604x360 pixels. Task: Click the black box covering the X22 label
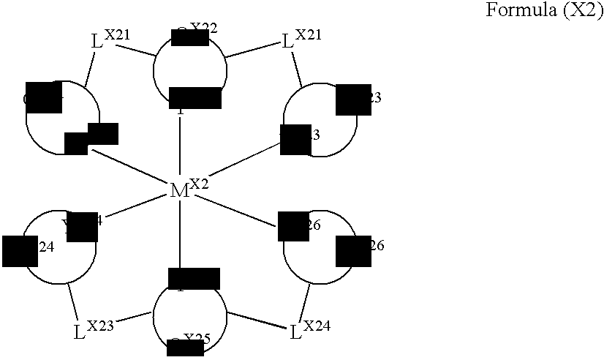tap(180, 36)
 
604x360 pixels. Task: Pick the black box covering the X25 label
tap(185, 348)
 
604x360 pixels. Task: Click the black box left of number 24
tap(20, 251)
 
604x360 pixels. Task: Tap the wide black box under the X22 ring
tap(195, 98)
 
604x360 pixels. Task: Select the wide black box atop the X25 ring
tap(194, 279)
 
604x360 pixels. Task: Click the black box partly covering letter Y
tap(82, 227)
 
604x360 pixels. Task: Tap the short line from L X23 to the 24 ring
tap(73, 300)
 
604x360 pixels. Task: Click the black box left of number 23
tap(353, 100)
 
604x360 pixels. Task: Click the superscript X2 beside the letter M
tap(199, 183)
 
